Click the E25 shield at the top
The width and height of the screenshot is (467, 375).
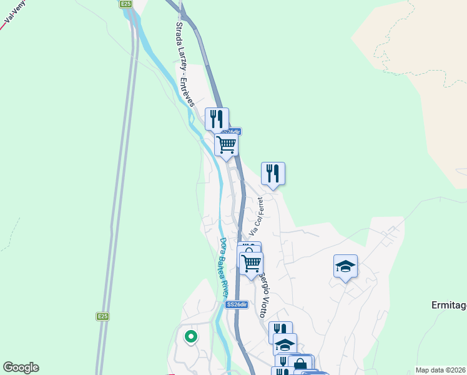click(x=127, y=4)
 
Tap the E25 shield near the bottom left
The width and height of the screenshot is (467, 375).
click(x=103, y=317)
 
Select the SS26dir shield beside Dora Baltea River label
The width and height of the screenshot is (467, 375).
click(x=237, y=304)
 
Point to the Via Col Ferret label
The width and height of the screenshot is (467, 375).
click(x=256, y=216)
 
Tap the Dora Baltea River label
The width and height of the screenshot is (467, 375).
click(x=224, y=267)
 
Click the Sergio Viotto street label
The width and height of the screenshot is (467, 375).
click(x=265, y=293)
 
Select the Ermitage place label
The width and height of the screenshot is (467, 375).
click(x=449, y=306)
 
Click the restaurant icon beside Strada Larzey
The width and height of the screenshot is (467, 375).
click(x=217, y=117)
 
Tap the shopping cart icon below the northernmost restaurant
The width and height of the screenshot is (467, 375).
click(x=226, y=144)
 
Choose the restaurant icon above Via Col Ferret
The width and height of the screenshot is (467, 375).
click(x=273, y=172)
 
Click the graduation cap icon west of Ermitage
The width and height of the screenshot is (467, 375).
click(x=345, y=266)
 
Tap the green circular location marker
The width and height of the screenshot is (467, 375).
click(x=191, y=337)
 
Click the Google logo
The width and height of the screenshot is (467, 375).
click(x=21, y=367)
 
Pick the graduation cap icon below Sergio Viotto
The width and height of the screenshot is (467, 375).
click(x=285, y=344)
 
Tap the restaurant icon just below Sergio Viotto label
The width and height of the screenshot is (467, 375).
click(x=280, y=331)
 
